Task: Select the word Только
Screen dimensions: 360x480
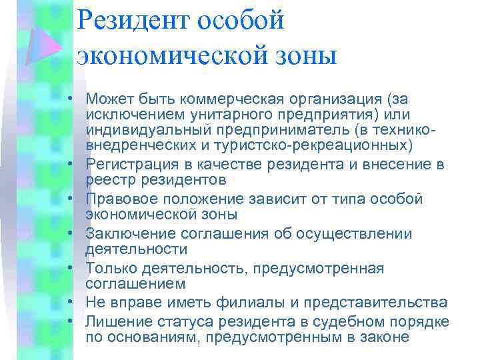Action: (109, 268)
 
